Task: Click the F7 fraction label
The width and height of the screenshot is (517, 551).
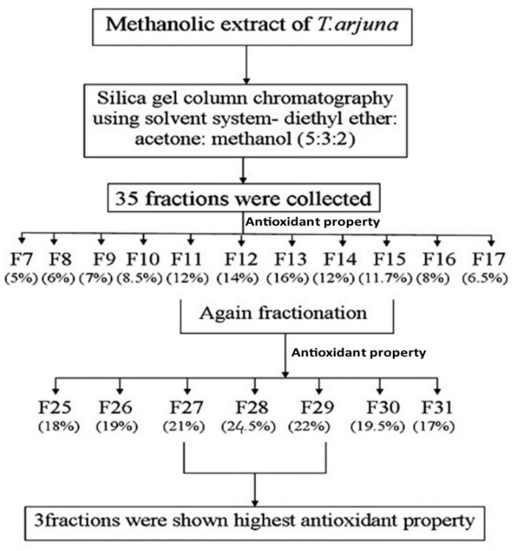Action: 21,259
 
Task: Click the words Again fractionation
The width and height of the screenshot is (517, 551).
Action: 284,312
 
